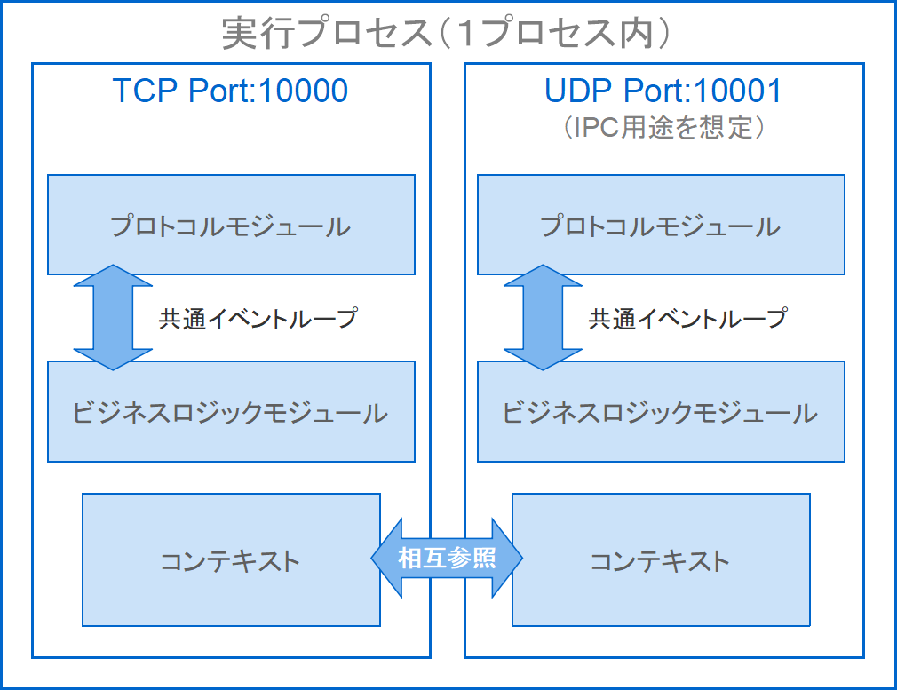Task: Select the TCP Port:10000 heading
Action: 230,91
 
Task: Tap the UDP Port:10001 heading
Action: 663,91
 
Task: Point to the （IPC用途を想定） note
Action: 663,127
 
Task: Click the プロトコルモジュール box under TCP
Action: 231,226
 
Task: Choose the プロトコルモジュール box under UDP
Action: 661,226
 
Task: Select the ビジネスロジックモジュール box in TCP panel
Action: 231,413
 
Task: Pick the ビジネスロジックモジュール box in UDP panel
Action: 661,413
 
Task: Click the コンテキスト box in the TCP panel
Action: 231,560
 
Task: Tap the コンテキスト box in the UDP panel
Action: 661,560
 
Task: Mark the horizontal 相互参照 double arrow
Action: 447,559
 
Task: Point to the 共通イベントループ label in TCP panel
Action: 258,318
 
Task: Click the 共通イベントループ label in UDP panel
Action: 687,318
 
